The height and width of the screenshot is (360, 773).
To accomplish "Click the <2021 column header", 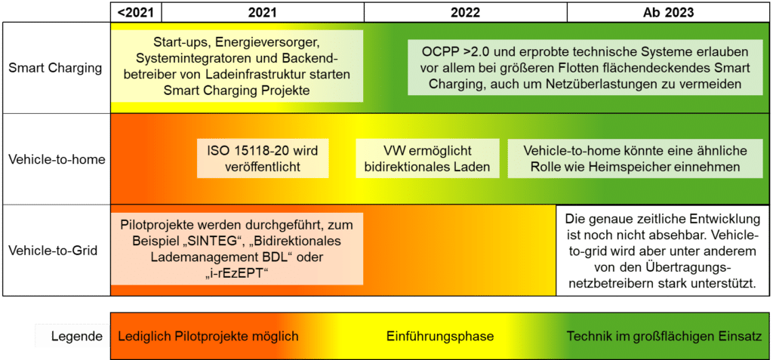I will [136, 12].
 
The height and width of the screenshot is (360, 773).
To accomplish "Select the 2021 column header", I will [262, 12].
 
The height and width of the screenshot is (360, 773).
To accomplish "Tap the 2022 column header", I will [465, 12].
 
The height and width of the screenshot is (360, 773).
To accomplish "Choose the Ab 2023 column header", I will [668, 12].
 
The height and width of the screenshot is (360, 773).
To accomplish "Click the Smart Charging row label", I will [55, 68].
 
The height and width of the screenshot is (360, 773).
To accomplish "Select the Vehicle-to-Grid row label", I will [55, 251].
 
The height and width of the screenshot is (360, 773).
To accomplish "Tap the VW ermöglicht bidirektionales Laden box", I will [427, 158].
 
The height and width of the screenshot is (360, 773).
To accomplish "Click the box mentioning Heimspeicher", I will [634, 158].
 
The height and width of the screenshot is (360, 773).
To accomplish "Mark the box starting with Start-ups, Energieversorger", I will [236, 66].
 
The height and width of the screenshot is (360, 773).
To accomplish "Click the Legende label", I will [72, 336].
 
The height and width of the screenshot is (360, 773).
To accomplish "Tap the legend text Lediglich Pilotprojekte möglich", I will [208, 336].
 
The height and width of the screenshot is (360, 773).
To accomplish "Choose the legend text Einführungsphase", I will [429, 336].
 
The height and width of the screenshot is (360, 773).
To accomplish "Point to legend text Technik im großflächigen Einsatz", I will [664, 336].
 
